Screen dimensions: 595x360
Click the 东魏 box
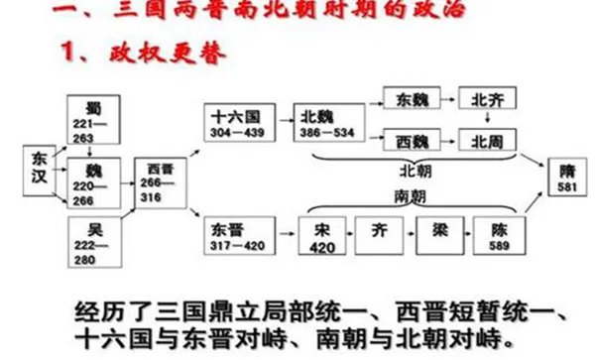point(411,99)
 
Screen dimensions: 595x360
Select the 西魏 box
point(411,140)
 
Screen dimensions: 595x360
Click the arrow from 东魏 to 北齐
point(449,99)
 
